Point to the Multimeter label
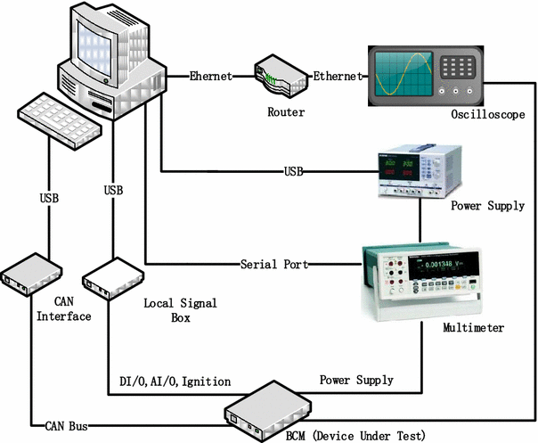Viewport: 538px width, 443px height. click(x=473, y=328)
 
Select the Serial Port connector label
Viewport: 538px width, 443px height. click(x=273, y=265)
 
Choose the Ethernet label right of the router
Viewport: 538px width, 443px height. click(x=338, y=77)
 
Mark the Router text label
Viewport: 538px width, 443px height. click(x=285, y=113)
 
